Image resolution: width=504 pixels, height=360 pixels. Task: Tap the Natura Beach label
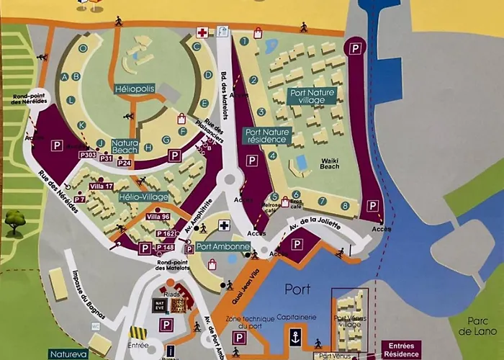pyautogui.click(x=125, y=147)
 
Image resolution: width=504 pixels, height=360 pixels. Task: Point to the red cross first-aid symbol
pyautogui.click(x=202, y=32)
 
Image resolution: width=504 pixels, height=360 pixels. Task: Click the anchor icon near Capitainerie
pyautogui.click(x=294, y=337)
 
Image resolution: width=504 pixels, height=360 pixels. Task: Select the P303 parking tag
pyautogui.click(x=88, y=155)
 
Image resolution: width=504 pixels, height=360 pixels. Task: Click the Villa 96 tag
pyautogui.click(x=158, y=217)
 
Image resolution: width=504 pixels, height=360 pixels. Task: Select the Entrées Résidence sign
pyautogui.click(x=402, y=350)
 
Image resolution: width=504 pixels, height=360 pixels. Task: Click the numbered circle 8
pyautogui.click(x=345, y=206)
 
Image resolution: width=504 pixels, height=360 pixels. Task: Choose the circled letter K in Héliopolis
pyautogui.click(x=82, y=125)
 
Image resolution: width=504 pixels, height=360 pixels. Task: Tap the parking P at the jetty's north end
pyautogui.click(x=356, y=48)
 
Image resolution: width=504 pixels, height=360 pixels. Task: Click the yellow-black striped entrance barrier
pyautogui.click(x=138, y=333)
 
